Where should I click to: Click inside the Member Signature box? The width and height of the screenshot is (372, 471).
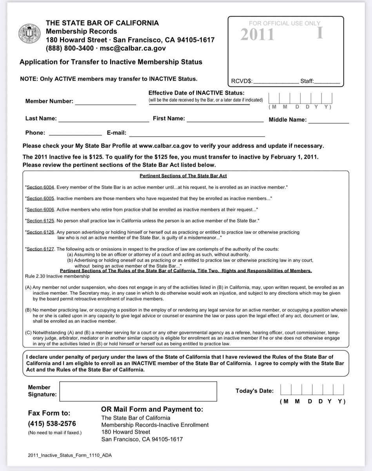click(x=138, y=391)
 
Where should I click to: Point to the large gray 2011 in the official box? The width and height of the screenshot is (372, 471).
click(x=257, y=35)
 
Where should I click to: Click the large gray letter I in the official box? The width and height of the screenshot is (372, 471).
click(x=320, y=33)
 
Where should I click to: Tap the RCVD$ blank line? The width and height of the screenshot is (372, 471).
click(x=276, y=82)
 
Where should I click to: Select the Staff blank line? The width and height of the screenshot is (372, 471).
click(x=327, y=82)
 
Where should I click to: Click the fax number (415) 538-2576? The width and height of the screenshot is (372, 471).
click(x=52, y=424)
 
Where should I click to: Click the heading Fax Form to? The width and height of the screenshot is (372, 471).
click(x=49, y=413)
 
